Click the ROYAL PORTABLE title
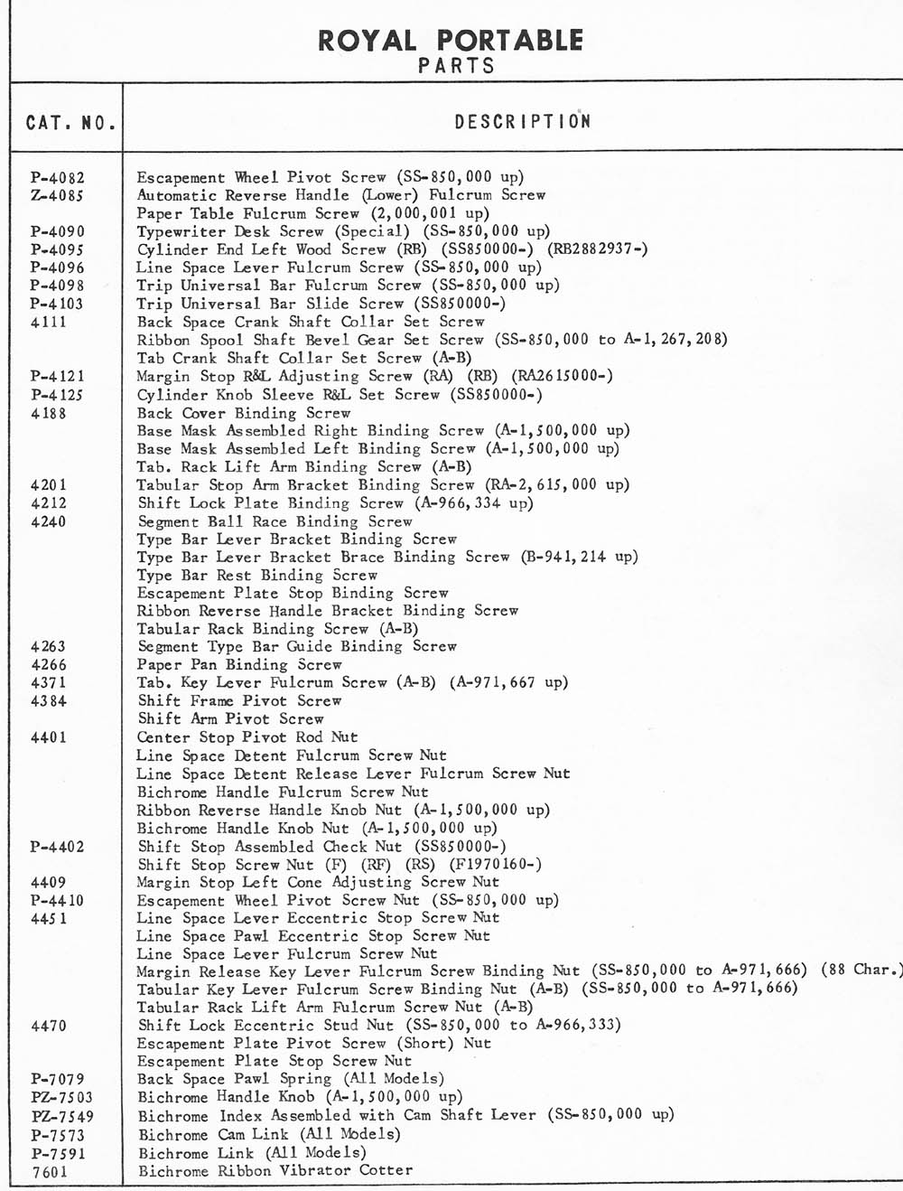451,40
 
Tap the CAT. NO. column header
70,122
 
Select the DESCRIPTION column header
522,122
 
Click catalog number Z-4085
58,195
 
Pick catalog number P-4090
58,231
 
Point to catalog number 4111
49,322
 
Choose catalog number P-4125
58,395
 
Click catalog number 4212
49,503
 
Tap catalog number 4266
49,664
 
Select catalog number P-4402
58,847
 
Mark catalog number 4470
49,1026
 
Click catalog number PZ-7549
61,1116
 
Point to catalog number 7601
49,1172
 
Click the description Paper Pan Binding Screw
240,664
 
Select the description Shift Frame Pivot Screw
240,700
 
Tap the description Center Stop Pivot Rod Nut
247,737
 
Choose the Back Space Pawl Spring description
291,1079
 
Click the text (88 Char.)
862,970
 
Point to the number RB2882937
593,249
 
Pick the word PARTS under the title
456,66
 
